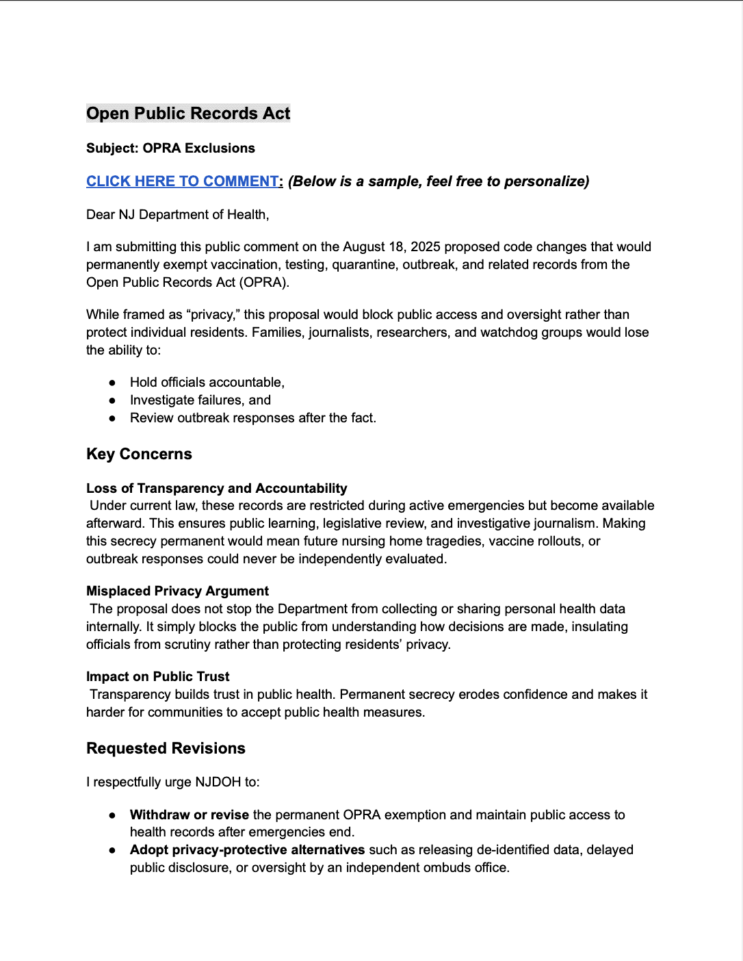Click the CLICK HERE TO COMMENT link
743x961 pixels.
tap(183, 181)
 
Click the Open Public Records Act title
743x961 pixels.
tap(188, 114)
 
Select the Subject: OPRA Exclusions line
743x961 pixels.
tap(170, 149)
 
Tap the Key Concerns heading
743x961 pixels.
tap(139, 454)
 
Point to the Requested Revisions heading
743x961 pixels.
tap(166, 749)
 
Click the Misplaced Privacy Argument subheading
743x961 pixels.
tap(177, 591)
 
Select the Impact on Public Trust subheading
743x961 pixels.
tap(157, 677)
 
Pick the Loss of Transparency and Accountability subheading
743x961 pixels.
tap(216, 489)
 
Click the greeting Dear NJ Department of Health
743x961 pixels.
tap(177, 215)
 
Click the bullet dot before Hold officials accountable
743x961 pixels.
tap(112, 383)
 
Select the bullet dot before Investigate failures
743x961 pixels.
tap(112, 400)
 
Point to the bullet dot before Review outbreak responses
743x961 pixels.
tap(112, 418)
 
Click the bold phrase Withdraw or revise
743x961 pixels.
tap(189, 815)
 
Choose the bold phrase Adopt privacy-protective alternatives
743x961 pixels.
tap(247, 850)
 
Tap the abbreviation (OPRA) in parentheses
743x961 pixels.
tap(264, 283)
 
